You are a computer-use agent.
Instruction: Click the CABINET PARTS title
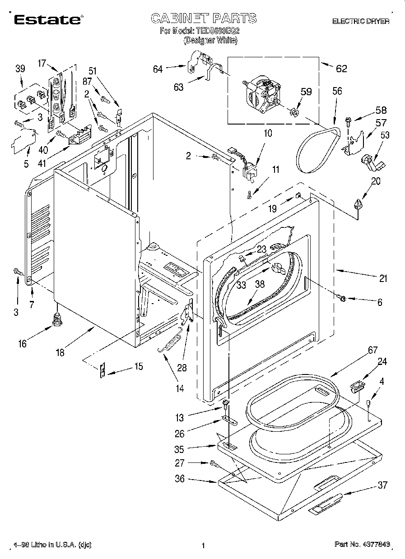click(x=203, y=18)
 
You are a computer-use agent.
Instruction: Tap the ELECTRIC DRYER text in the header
click(x=360, y=21)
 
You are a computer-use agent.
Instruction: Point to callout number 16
click(x=22, y=344)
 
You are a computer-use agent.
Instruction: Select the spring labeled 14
click(x=170, y=344)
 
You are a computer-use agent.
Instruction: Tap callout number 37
click(x=382, y=485)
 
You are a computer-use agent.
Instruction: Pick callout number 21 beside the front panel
click(x=383, y=279)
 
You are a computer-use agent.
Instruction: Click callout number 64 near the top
click(x=158, y=69)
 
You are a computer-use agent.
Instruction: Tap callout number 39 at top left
click(x=20, y=69)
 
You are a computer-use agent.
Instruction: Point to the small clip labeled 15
click(x=102, y=371)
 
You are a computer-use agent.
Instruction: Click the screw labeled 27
click(x=213, y=463)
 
